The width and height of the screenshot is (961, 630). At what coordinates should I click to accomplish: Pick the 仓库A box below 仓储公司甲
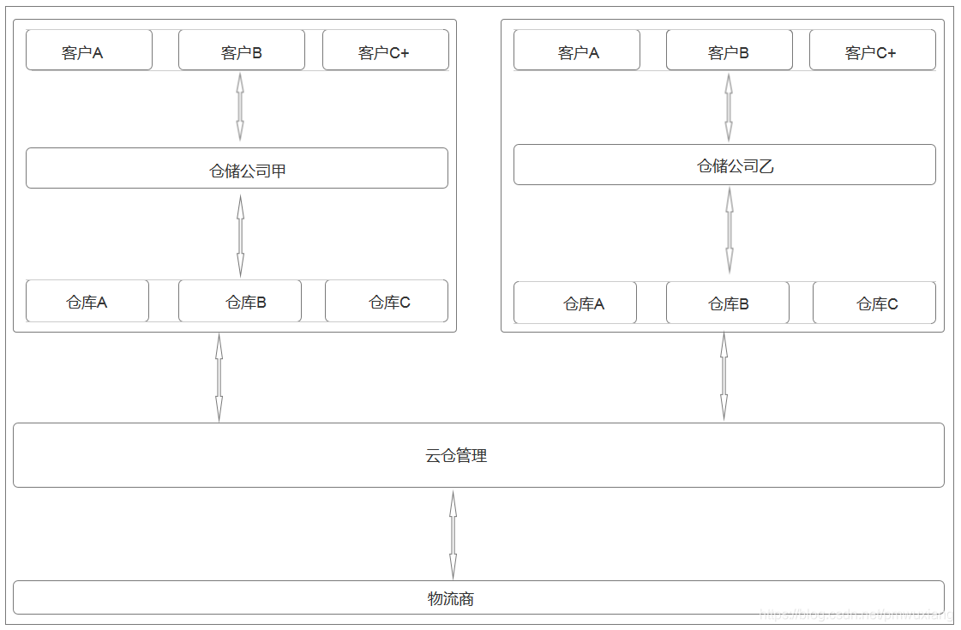tap(87, 301)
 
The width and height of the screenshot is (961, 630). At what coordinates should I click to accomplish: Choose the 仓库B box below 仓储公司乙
tap(728, 303)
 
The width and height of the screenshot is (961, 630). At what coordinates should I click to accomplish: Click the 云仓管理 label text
tap(456, 456)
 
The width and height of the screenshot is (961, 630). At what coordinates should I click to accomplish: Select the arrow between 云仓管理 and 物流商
tap(453, 534)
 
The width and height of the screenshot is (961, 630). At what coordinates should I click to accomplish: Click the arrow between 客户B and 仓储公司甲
tap(240, 106)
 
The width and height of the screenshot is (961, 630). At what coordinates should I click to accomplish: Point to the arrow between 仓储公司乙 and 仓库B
tap(730, 230)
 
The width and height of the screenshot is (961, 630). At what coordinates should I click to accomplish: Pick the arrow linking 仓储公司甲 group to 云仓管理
tap(219, 377)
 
